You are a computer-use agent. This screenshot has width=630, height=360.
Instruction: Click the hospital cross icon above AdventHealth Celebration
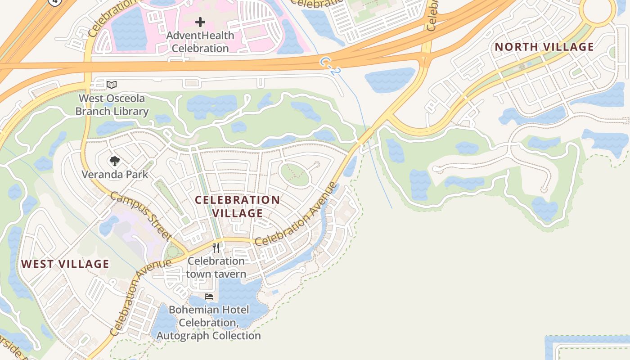(x=200, y=22)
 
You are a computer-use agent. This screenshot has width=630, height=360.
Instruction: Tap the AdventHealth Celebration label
(x=200, y=41)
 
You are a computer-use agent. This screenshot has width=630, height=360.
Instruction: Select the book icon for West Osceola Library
(x=112, y=85)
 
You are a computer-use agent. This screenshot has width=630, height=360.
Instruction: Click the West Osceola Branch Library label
(x=112, y=105)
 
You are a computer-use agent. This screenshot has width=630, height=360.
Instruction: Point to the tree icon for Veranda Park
(x=115, y=161)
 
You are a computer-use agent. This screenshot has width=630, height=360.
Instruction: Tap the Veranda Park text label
(x=115, y=174)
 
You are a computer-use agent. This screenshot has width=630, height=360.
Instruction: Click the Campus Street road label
(x=141, y=216)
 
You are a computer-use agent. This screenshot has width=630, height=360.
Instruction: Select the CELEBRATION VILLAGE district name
(x=238, y=206)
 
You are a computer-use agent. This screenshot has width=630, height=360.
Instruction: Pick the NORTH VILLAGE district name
(x=544, y=47)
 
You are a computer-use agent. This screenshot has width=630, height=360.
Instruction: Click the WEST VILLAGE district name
(x=65, y=264)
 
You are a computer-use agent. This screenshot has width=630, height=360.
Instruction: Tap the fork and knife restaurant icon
(x=216, y=247)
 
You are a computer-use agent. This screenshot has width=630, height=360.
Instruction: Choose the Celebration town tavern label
(x=216, y=267)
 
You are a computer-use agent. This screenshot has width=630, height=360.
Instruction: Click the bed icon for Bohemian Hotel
(x=209, y=297)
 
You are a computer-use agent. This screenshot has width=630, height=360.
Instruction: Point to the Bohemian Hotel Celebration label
(x=209, y=323)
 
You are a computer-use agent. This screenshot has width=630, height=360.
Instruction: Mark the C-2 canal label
(x=331, y=65)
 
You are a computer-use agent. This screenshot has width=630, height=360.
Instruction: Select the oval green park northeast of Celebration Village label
(x=295, y=174)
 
